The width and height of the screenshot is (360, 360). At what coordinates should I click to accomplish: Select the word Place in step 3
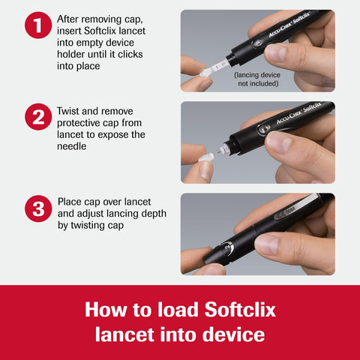tap(73, 202)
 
